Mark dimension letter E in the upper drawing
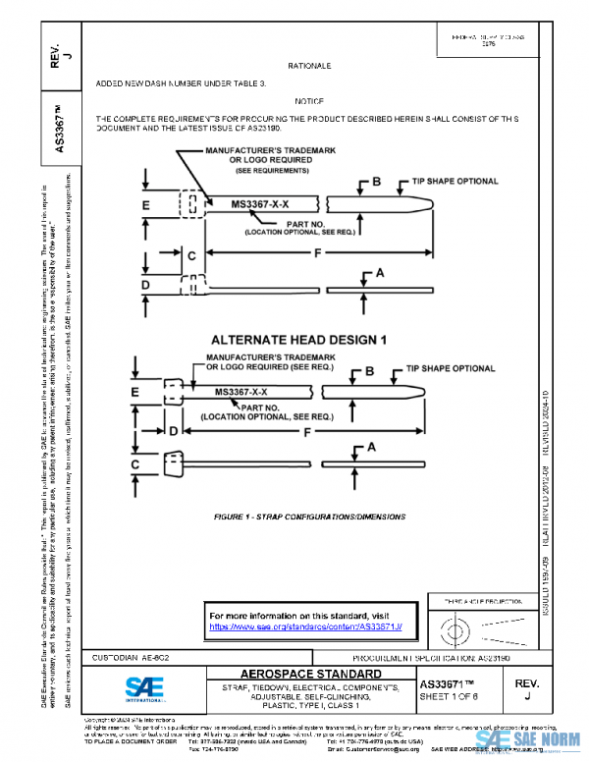pyautogui.click(x=145, y=206)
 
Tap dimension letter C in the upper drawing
pyautogui.click(x=192, y=256)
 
